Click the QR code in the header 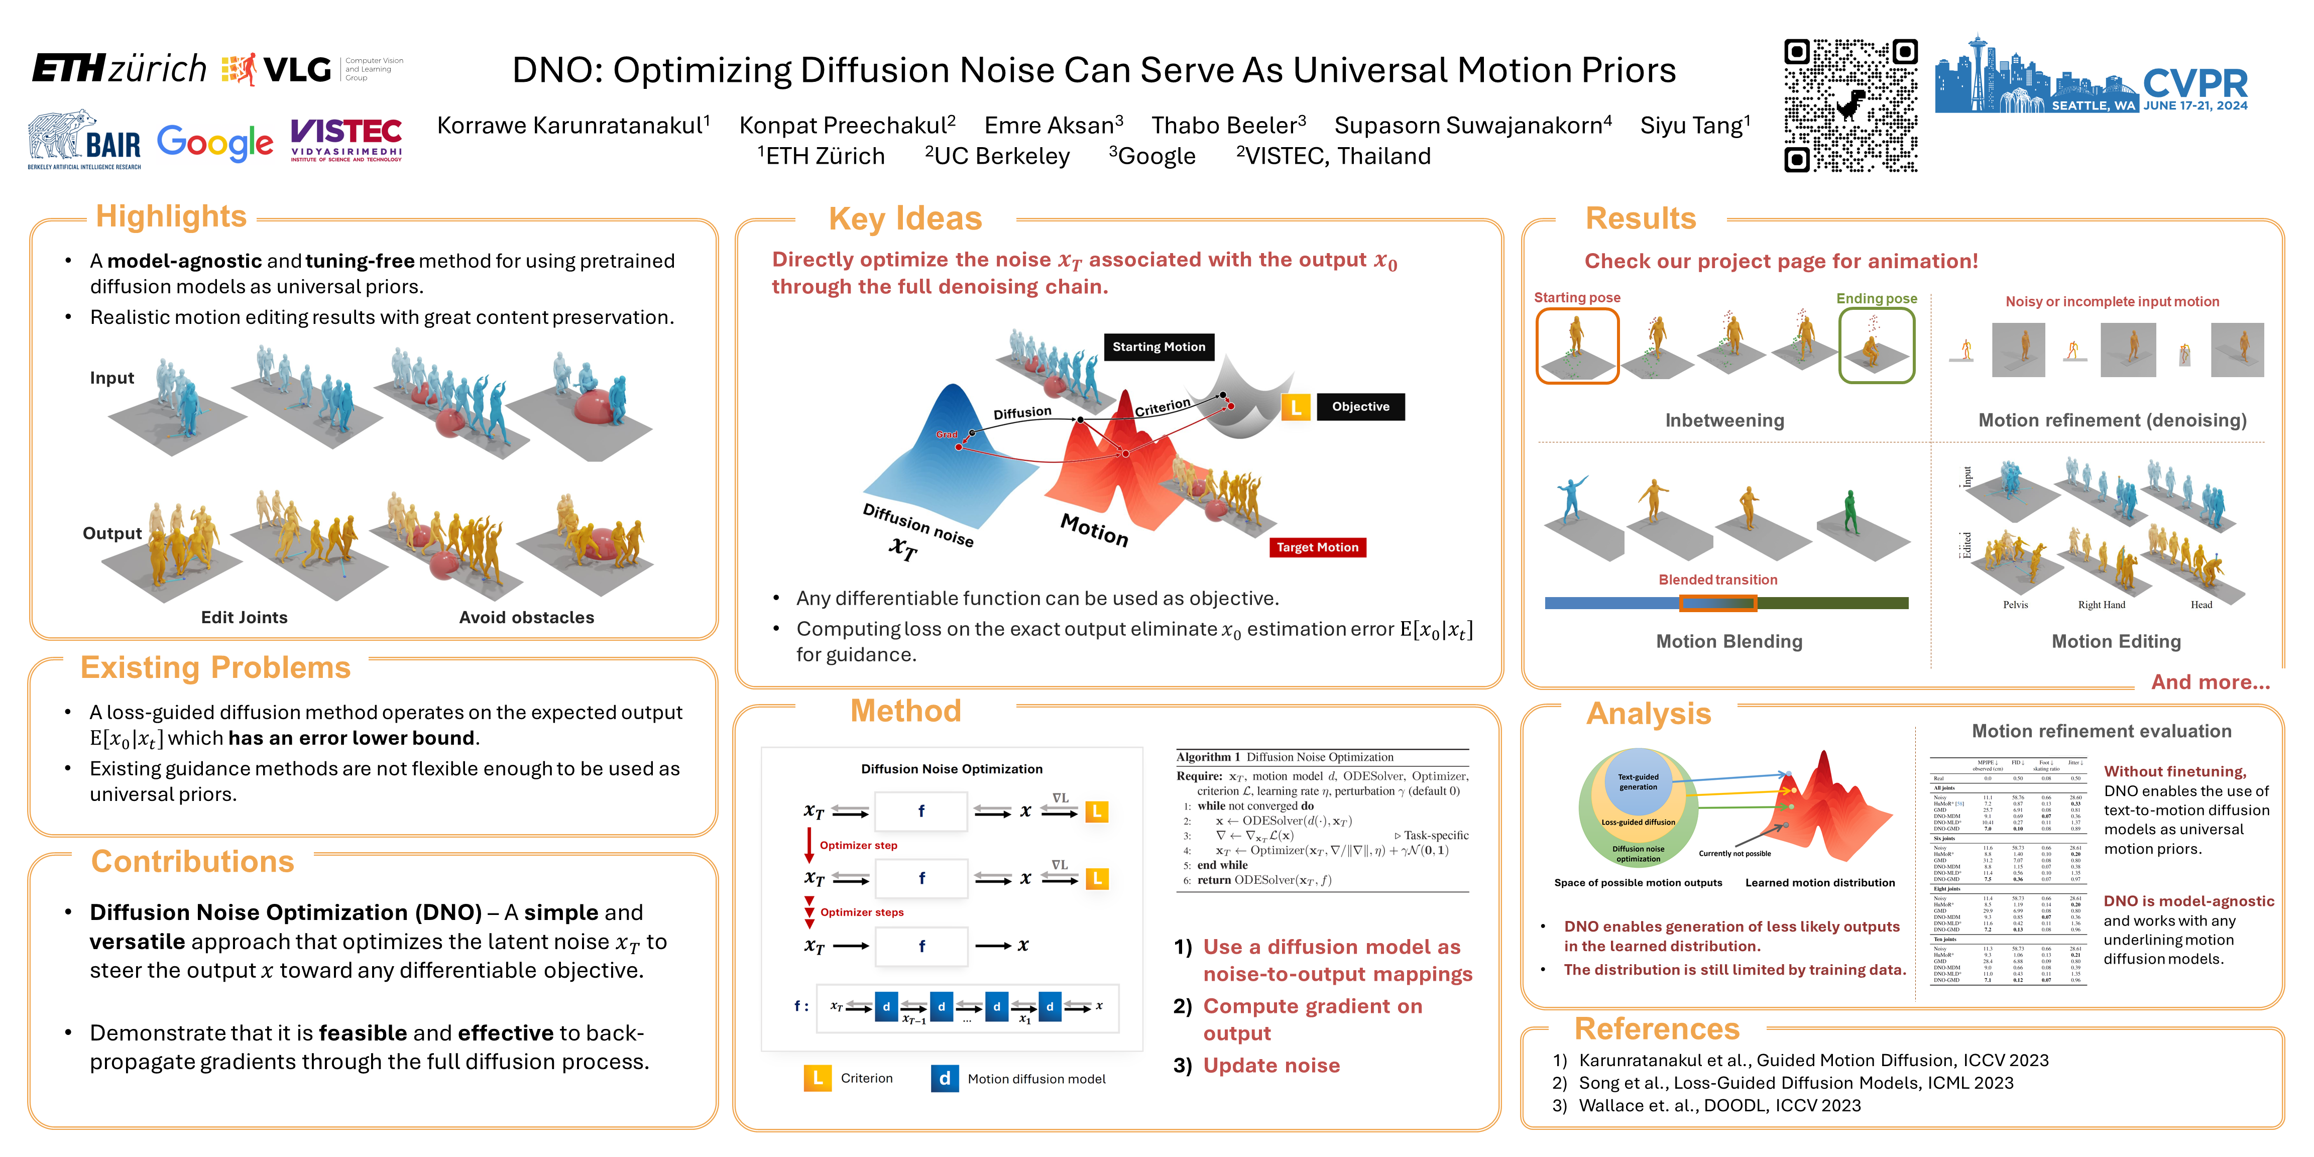(1850, 105)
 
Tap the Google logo (215, 142)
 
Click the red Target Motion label (1317, 547)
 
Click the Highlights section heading (171, 216)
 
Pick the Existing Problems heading (215, 667)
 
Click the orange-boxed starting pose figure (1576, 346)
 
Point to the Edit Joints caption (245, 617)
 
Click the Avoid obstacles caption (526, 617)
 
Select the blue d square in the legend (944, 1078)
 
